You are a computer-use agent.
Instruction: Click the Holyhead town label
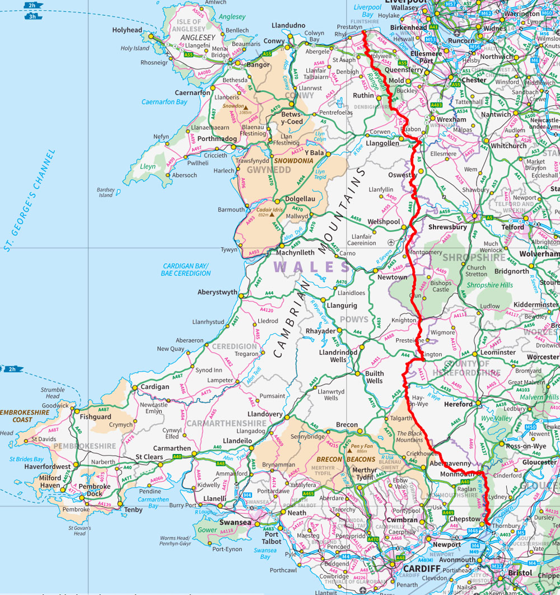tap(127, 30)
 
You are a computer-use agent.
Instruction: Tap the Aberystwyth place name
tap(217, 292)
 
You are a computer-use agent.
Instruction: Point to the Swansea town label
tap(235, 522)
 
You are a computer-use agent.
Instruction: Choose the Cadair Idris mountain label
tap(271, 210)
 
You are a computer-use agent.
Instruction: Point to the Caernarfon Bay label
tap(164, 102)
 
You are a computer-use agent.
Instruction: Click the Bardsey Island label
tap(106, 193)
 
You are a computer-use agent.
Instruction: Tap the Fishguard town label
tap(95, 416)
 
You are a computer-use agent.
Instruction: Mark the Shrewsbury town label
tap(447, 227)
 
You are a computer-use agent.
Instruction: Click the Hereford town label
tap(458, 404)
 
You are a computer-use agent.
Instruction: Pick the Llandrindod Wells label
tap(338, 356)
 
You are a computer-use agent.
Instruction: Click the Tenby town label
tap(133, 510)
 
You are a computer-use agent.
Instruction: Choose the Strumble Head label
tap(53, 393)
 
